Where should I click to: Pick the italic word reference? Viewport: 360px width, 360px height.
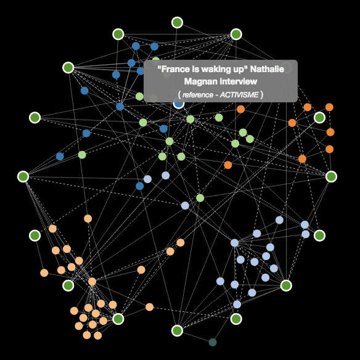pyautogui.click(x=198, y=94)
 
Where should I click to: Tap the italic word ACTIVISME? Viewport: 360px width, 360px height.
pyautogui.click(x=239, y=94)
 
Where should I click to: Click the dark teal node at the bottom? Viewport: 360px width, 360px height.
pyautogui.click(x=213, y=342)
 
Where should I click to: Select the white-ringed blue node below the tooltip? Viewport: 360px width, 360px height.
pyautogui.click(x=179, y=104)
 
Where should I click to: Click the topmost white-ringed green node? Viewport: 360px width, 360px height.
pyautogui.click(x=177, y=22)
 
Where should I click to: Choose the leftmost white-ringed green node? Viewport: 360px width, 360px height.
pyautogui.click(x=23, y=176)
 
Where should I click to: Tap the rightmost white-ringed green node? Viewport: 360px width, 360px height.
pyautogui.click(x=331, y=176)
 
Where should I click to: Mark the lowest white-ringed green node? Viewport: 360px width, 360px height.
pyautogui.click(x=177, y=330)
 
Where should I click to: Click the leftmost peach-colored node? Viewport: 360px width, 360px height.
pyautogui.click(x=44, y=272)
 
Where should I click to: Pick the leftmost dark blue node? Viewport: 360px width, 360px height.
pyautogui.click(x=60, y=157)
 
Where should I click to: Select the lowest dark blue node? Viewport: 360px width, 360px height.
pyautogui.click(x=139, y=186)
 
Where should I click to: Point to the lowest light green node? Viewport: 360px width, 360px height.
pyautogui.click(x=200, y=198)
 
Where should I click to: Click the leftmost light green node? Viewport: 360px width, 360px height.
pyautogui.click(x=82, y=155)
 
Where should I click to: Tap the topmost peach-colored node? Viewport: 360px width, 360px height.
pyautogui.click(x=88, y=219)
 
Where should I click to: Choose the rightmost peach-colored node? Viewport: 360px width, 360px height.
pyautogui.click(x=180, y=242)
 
